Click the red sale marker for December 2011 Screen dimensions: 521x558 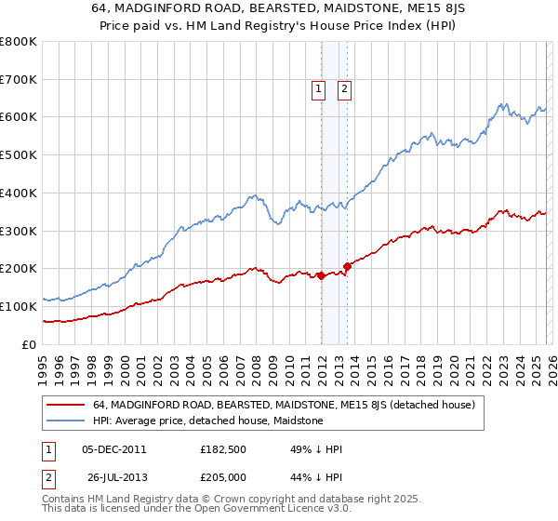pos(321,274)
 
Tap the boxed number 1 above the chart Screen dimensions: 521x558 pos(318,89)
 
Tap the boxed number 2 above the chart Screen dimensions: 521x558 pos(344,89)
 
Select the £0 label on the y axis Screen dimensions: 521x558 pos(29,344)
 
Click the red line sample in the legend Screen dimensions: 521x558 pos(66,405)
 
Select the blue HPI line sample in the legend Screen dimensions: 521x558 pos(66,421)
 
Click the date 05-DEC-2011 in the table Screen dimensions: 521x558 pos(113,448)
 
